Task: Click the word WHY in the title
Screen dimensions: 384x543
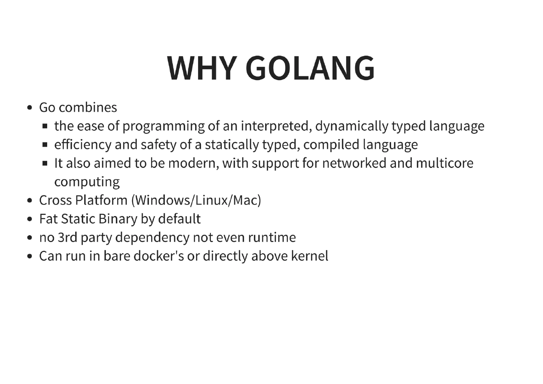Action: pos(202,68)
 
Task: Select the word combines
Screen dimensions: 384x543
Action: pos(88,108)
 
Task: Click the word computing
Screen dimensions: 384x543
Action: pos(87,182)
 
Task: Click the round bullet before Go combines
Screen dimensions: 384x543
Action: pos(30,108)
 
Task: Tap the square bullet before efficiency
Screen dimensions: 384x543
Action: pos(45,145)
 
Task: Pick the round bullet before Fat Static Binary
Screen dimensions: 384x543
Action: pos(30,219)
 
